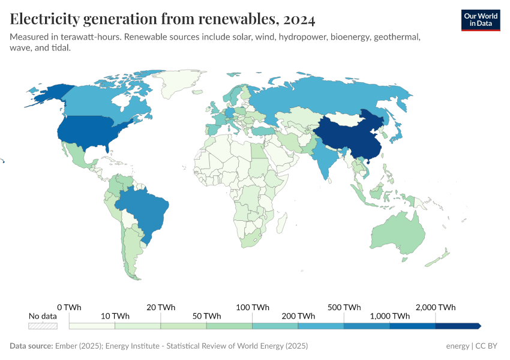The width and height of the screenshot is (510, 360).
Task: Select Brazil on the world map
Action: point(144,210)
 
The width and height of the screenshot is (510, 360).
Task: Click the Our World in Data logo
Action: point(481,20)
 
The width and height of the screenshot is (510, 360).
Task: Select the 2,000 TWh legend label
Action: point(435,307)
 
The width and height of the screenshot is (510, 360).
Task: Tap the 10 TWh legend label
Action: point(115,316)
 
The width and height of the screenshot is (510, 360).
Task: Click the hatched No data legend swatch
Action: point(43,326)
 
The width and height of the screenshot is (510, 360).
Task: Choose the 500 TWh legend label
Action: point(344,307)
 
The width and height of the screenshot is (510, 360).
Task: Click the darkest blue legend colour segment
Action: point(457,326)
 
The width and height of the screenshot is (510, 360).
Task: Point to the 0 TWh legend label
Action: point(69,307)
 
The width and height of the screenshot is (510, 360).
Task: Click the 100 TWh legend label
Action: point(252,307)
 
